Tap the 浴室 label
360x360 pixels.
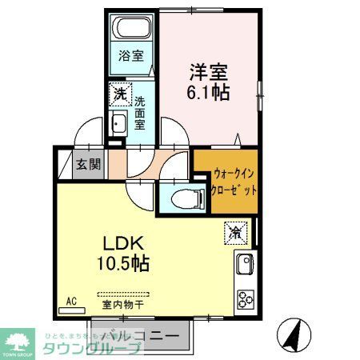click(131, 56)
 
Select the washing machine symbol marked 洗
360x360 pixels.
click(118, 94)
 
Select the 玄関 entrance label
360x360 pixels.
click(88, 166)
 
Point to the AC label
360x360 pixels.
click(70, 302)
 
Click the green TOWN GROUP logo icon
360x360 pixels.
click(18, 338)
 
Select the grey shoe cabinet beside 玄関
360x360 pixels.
click(65, 166)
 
